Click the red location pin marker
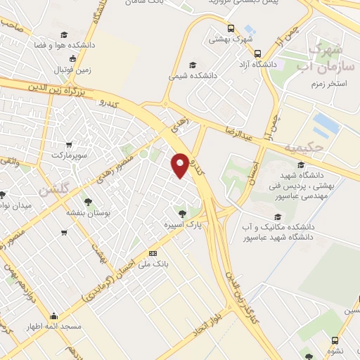coord(181,165)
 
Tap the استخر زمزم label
coord(330,84)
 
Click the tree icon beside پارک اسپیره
coord(182,212)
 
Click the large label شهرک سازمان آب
coord(326,57)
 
